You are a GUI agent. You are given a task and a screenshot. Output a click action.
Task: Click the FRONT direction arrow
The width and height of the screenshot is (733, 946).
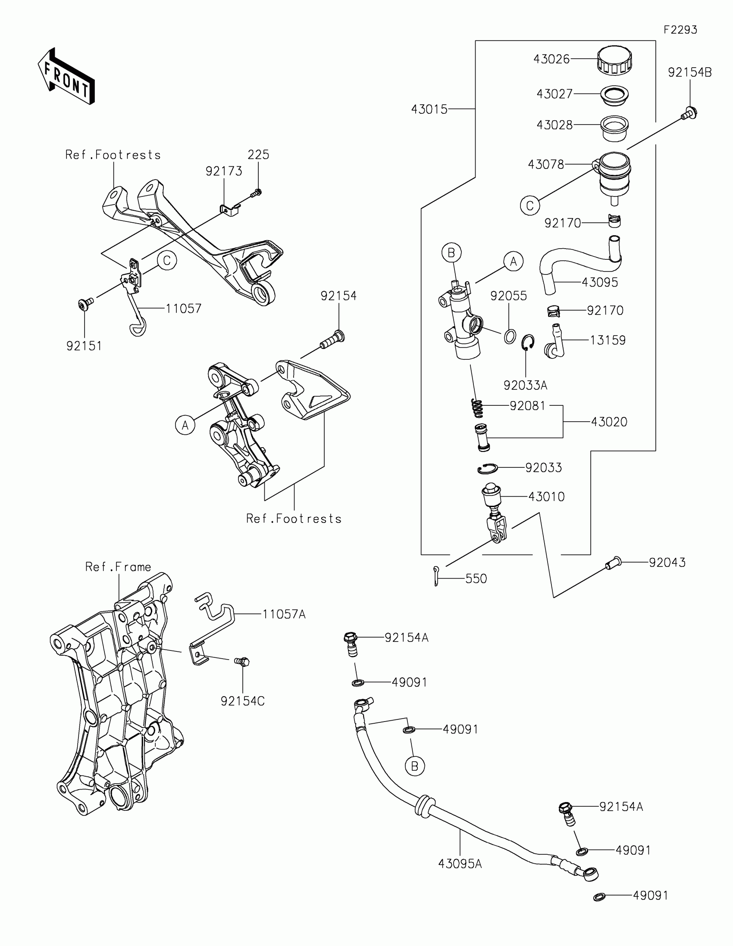tap(66, 76)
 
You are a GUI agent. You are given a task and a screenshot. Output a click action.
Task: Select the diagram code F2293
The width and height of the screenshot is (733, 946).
tap(680, 30)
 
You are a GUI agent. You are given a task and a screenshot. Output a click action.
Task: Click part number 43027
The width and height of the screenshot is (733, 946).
tap(554, 94)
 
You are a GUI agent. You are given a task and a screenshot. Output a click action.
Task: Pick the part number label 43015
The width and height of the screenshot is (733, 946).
tap(429, 109)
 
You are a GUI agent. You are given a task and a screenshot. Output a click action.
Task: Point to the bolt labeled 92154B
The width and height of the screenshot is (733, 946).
tap(688, 113)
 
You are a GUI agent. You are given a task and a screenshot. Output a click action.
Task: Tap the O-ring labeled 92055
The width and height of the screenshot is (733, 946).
tap(510, 336)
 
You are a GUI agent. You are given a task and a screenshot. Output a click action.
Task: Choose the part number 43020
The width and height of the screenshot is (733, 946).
tap(609, 422)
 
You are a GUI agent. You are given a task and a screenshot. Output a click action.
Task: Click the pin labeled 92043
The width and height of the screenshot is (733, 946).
tap(613, 563)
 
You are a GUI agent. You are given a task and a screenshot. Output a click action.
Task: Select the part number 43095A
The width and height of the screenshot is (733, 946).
tap(460, 864)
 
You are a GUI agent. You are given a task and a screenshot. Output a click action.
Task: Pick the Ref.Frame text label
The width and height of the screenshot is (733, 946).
tap(118, 567)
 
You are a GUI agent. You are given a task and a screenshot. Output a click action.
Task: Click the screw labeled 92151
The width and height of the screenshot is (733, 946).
tap(85, 305)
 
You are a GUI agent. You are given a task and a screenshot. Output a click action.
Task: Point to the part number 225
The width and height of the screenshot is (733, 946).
tap(258, 155)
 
